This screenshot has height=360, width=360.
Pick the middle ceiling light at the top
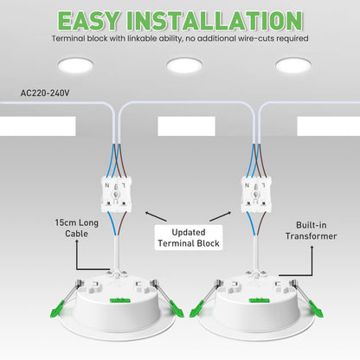(183, 66)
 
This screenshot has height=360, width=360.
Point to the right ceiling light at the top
(294, 66)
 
